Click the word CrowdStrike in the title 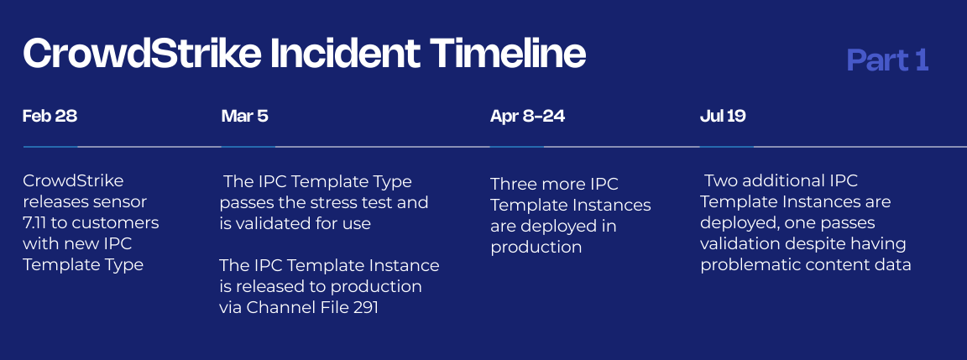[141, 54]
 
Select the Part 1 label [888, 60]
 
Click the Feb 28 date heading [50, 116]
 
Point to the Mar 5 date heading [245, 116]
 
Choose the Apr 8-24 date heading [527, 116]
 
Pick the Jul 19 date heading [723, 116]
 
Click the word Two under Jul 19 [719, 181]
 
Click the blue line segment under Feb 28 [50, 147]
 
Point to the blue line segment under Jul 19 [727, 147]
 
